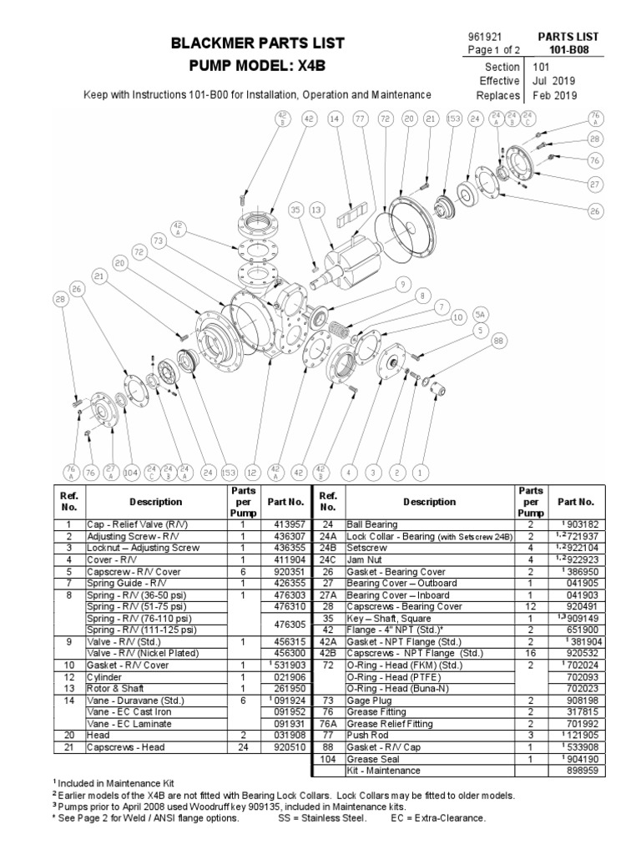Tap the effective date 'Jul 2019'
point(552,81)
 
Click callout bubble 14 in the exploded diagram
point(336,120)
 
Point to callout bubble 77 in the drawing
point(361,120)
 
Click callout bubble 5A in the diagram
point(478,314)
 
